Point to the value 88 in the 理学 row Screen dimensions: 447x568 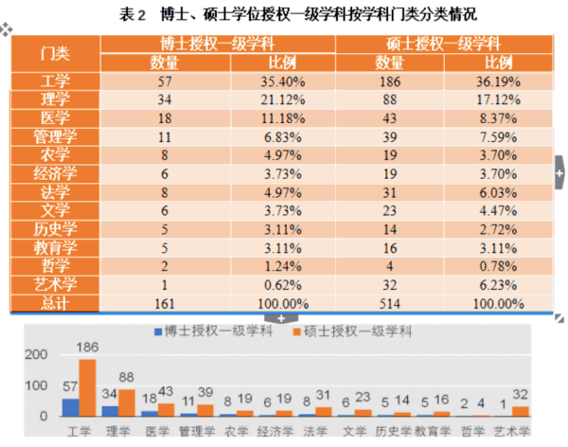pyautogui.click(x=389, y=99)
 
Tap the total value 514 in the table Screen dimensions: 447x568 pyautogui.click(x=389, y=303)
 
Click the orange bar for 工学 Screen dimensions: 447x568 pyautogui.click(x=87, y=388)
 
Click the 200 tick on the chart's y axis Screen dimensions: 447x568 pyautogui.click(x=34, y=354)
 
